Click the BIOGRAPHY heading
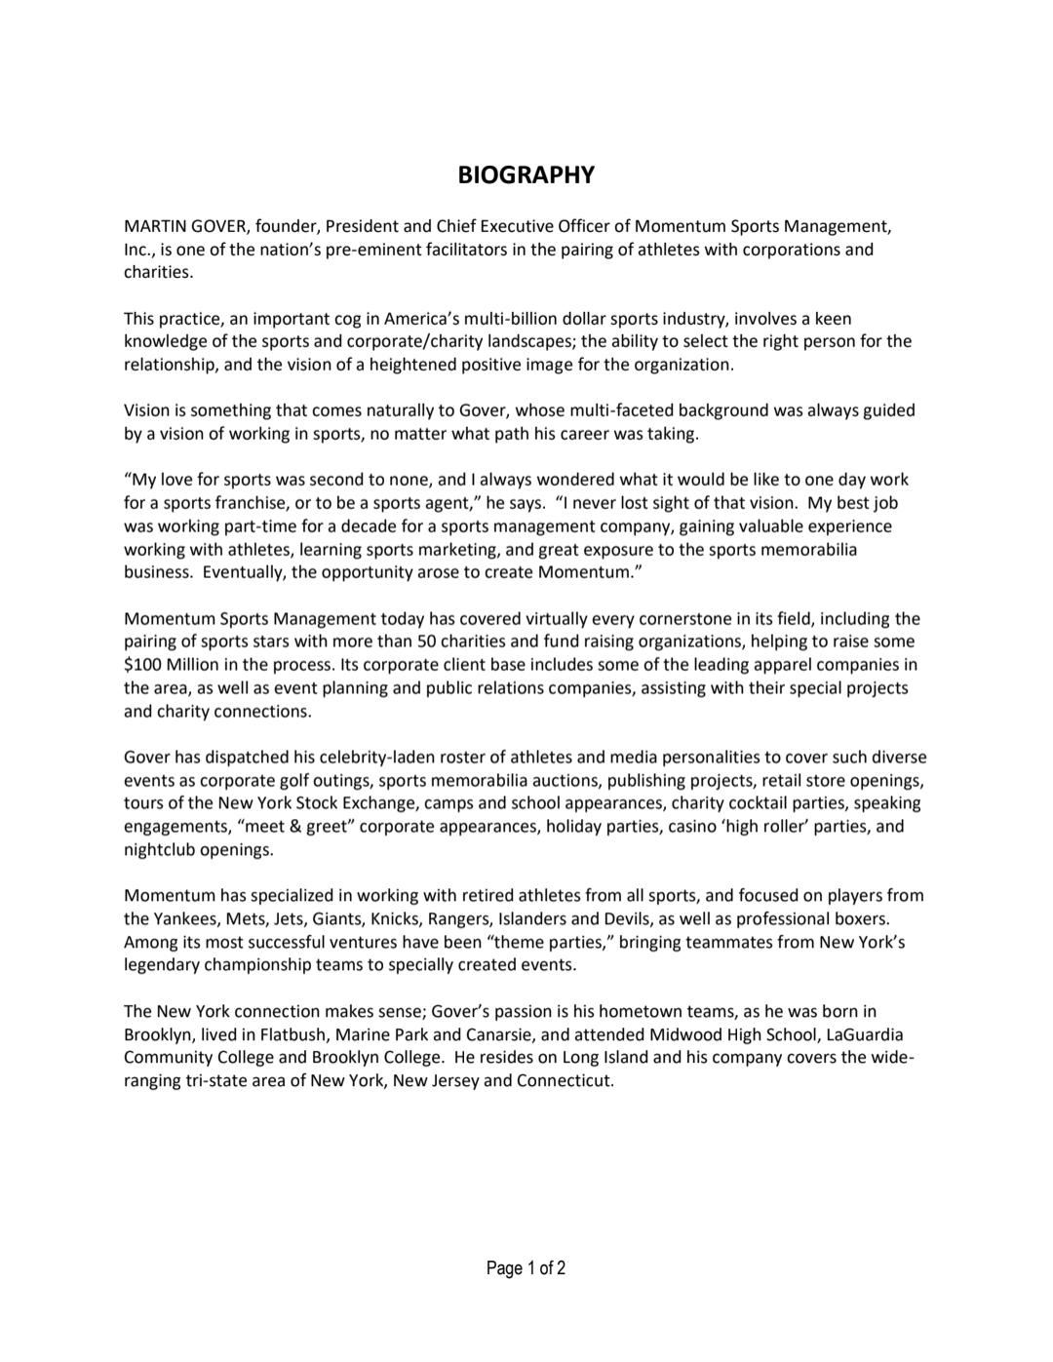click(x=526, y=175)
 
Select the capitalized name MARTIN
click(x=155, y=226)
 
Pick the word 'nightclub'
click(x=160, y=850)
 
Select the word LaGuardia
click(x=865, y=1033)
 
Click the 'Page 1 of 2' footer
click(x=526, y=1268)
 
